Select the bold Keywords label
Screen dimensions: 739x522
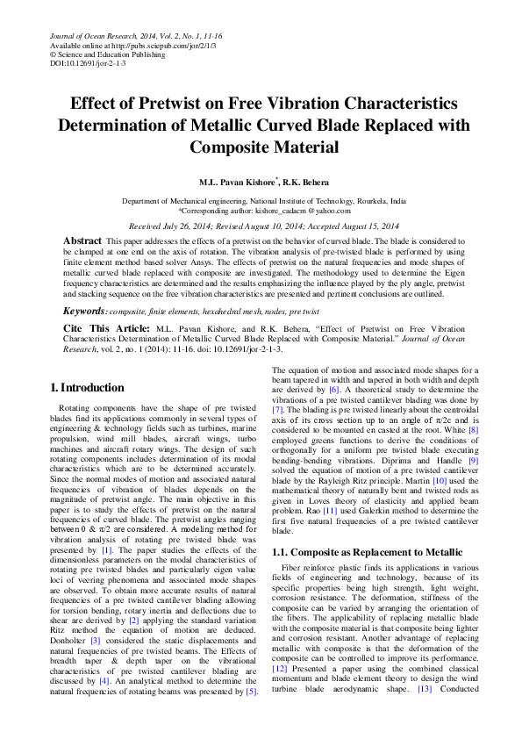[86, 312]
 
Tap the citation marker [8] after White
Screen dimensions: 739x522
[473, 428]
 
